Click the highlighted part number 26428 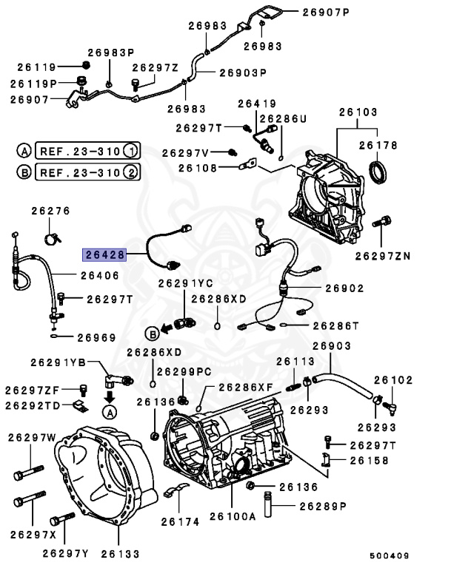[104, 254]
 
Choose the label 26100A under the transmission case [232, 515]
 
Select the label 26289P [323, 507]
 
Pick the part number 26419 [255, 104]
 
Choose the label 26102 [392, 379]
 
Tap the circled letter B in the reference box [24, 173]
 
